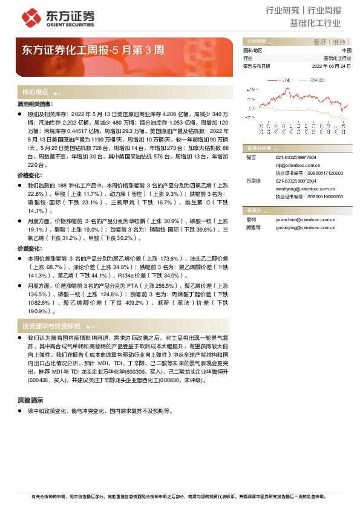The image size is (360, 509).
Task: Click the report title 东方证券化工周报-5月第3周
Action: point(92,50)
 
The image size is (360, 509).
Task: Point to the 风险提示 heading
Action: point(30,401)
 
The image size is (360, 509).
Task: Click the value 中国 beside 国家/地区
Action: point(345,51)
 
